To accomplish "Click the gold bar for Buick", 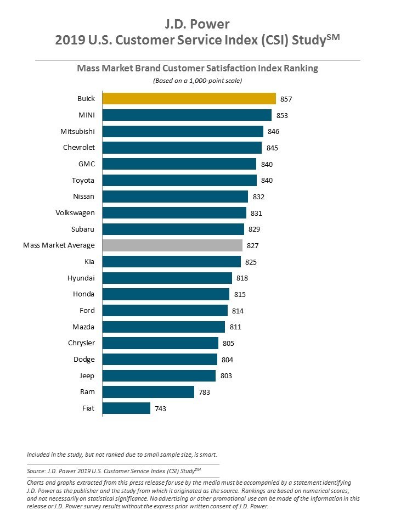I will point(189,99).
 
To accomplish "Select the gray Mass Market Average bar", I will point(172,245).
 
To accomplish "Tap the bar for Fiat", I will point(126,408).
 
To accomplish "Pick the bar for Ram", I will point(148,392).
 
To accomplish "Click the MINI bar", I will point(187,115).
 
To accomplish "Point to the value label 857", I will point(286,99).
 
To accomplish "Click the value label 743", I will point(160,409).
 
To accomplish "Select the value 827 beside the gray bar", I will point(252,245).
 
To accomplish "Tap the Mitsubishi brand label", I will point(77,132).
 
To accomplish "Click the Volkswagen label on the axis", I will point(75,212).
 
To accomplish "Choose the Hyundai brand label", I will point(81,278).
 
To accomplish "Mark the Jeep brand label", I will point(87,376).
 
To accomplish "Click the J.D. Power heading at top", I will point(197,24).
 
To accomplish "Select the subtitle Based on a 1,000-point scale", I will point(197,81).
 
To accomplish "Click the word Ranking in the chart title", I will point(300,69).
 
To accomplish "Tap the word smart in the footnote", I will point(207,455).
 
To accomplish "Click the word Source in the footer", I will point(36,471).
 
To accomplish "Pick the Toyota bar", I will point(179,180).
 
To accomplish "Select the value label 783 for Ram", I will point(204,393).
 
